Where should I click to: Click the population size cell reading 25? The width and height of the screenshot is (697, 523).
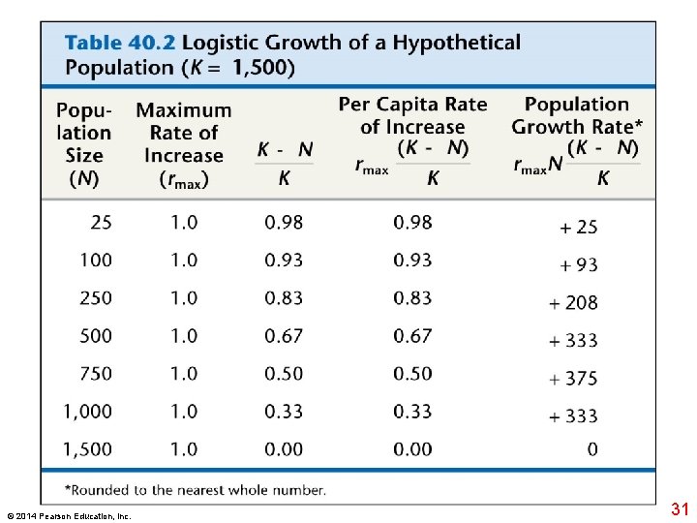[x=101, y=223]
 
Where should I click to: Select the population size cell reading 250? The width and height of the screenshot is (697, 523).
[x=96, y=298]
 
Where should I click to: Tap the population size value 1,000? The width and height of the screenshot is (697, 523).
[x=88, y=412]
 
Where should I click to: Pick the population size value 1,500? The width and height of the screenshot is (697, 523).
[x=88, y=449]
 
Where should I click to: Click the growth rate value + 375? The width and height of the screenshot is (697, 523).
[x=573, y=379]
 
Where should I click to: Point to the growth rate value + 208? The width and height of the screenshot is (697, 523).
[x=573, y=303]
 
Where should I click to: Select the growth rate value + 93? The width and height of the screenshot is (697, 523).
[x=578, y=265]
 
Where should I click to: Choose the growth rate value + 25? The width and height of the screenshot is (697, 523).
[x=578, y=228]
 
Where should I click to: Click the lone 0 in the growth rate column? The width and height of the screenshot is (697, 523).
[x=592, y=449]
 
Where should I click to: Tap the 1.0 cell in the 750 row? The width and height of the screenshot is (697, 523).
[x=184, y=374]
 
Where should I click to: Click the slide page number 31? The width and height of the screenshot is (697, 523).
[x=679, y=509]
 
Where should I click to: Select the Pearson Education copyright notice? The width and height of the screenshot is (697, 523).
[x=68, y=515]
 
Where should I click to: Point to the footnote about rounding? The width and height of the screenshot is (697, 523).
[x=195, y=490]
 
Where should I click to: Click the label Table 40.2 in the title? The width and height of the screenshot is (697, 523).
[x=120, y=44]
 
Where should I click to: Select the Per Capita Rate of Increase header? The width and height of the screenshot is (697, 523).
[x=412, y=115]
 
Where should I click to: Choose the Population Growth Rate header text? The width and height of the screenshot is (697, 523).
[x=577, y=115]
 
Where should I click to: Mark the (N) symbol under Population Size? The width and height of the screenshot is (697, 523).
[x=83, y=178]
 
